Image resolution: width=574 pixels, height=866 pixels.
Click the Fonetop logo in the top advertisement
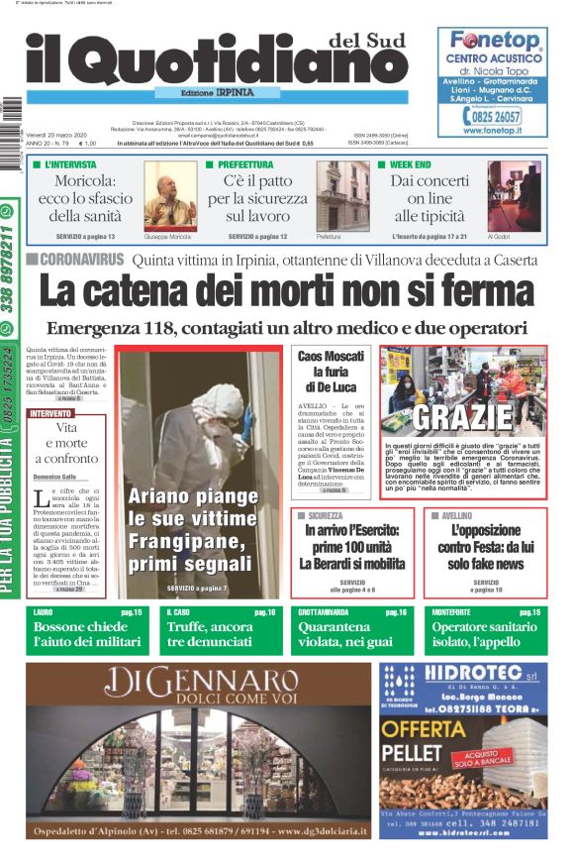(494, 42)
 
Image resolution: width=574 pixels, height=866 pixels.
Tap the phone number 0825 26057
(502, 117)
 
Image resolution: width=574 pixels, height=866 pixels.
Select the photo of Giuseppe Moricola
(171, 195)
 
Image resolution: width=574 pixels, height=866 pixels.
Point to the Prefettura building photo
(342, 195)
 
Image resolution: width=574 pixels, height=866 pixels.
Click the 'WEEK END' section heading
(411, 164)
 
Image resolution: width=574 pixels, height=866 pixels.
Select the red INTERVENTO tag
(50, 412)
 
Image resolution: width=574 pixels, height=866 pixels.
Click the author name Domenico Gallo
(55, 477)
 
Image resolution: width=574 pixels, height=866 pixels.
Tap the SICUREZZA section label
(327, 516)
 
